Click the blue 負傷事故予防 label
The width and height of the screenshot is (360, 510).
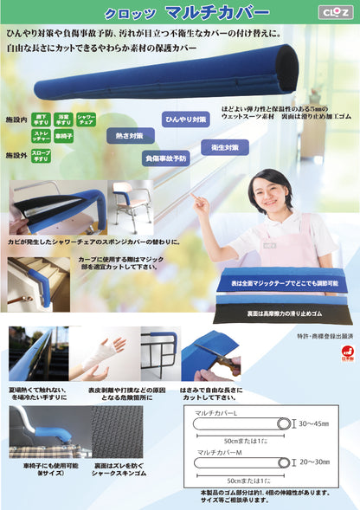[x=164, y=158]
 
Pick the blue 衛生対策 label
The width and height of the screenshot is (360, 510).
[x=224, y=147]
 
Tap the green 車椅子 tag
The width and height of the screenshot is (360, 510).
[x=63, y=137]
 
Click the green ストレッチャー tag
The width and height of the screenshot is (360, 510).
[x=40, y=137]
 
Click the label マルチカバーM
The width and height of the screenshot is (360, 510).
[x=218, y=450]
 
